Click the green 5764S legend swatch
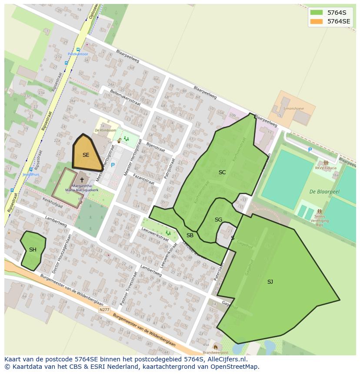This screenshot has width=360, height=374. coord(317,13)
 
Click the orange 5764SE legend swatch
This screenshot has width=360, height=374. coord(317,21)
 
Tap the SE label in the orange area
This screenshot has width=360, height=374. coord(86,155)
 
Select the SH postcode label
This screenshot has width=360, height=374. coord(33,250)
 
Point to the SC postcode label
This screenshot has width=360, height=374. coord(222,172)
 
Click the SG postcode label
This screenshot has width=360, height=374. coord(218,220)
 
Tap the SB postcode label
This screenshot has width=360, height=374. coord(190,235)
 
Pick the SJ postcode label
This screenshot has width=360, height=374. coord(270,282)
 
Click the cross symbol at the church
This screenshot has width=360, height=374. coord(82,179)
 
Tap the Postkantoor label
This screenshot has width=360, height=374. coord(78,54)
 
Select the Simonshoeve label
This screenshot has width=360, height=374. coord(293,109)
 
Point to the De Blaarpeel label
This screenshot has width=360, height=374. coord(324,191)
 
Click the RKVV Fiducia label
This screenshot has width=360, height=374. coord(326,168)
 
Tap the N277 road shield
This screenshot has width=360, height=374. coord(104,310)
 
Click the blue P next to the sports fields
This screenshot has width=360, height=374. coord(310,150)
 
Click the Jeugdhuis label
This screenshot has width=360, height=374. coord(31,175)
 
